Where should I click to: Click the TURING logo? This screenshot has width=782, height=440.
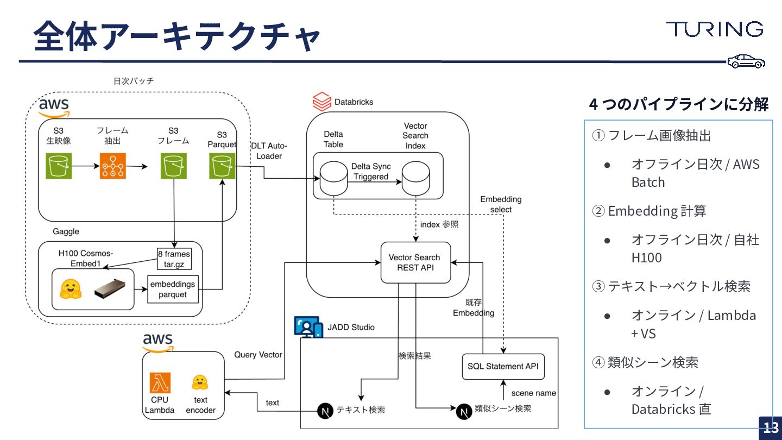(715, 29)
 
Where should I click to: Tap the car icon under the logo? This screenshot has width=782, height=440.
(747, 61)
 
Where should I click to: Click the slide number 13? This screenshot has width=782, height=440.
(771, 428)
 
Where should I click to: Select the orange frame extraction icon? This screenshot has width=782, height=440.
(113, 166)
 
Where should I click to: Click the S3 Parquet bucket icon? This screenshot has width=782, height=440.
(222, 166)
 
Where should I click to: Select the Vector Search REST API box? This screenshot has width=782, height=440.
(415, 262)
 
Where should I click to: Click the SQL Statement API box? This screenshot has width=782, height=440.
(503, 366)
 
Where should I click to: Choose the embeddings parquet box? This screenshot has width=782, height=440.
(173, 289)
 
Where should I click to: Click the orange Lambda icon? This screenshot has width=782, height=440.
(160, 383)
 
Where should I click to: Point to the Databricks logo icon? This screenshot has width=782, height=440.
(321, 102)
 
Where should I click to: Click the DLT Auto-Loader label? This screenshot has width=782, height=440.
(269, 150)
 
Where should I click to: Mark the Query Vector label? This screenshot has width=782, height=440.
(258, 355)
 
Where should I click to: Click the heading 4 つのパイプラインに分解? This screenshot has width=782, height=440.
(678, 104)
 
